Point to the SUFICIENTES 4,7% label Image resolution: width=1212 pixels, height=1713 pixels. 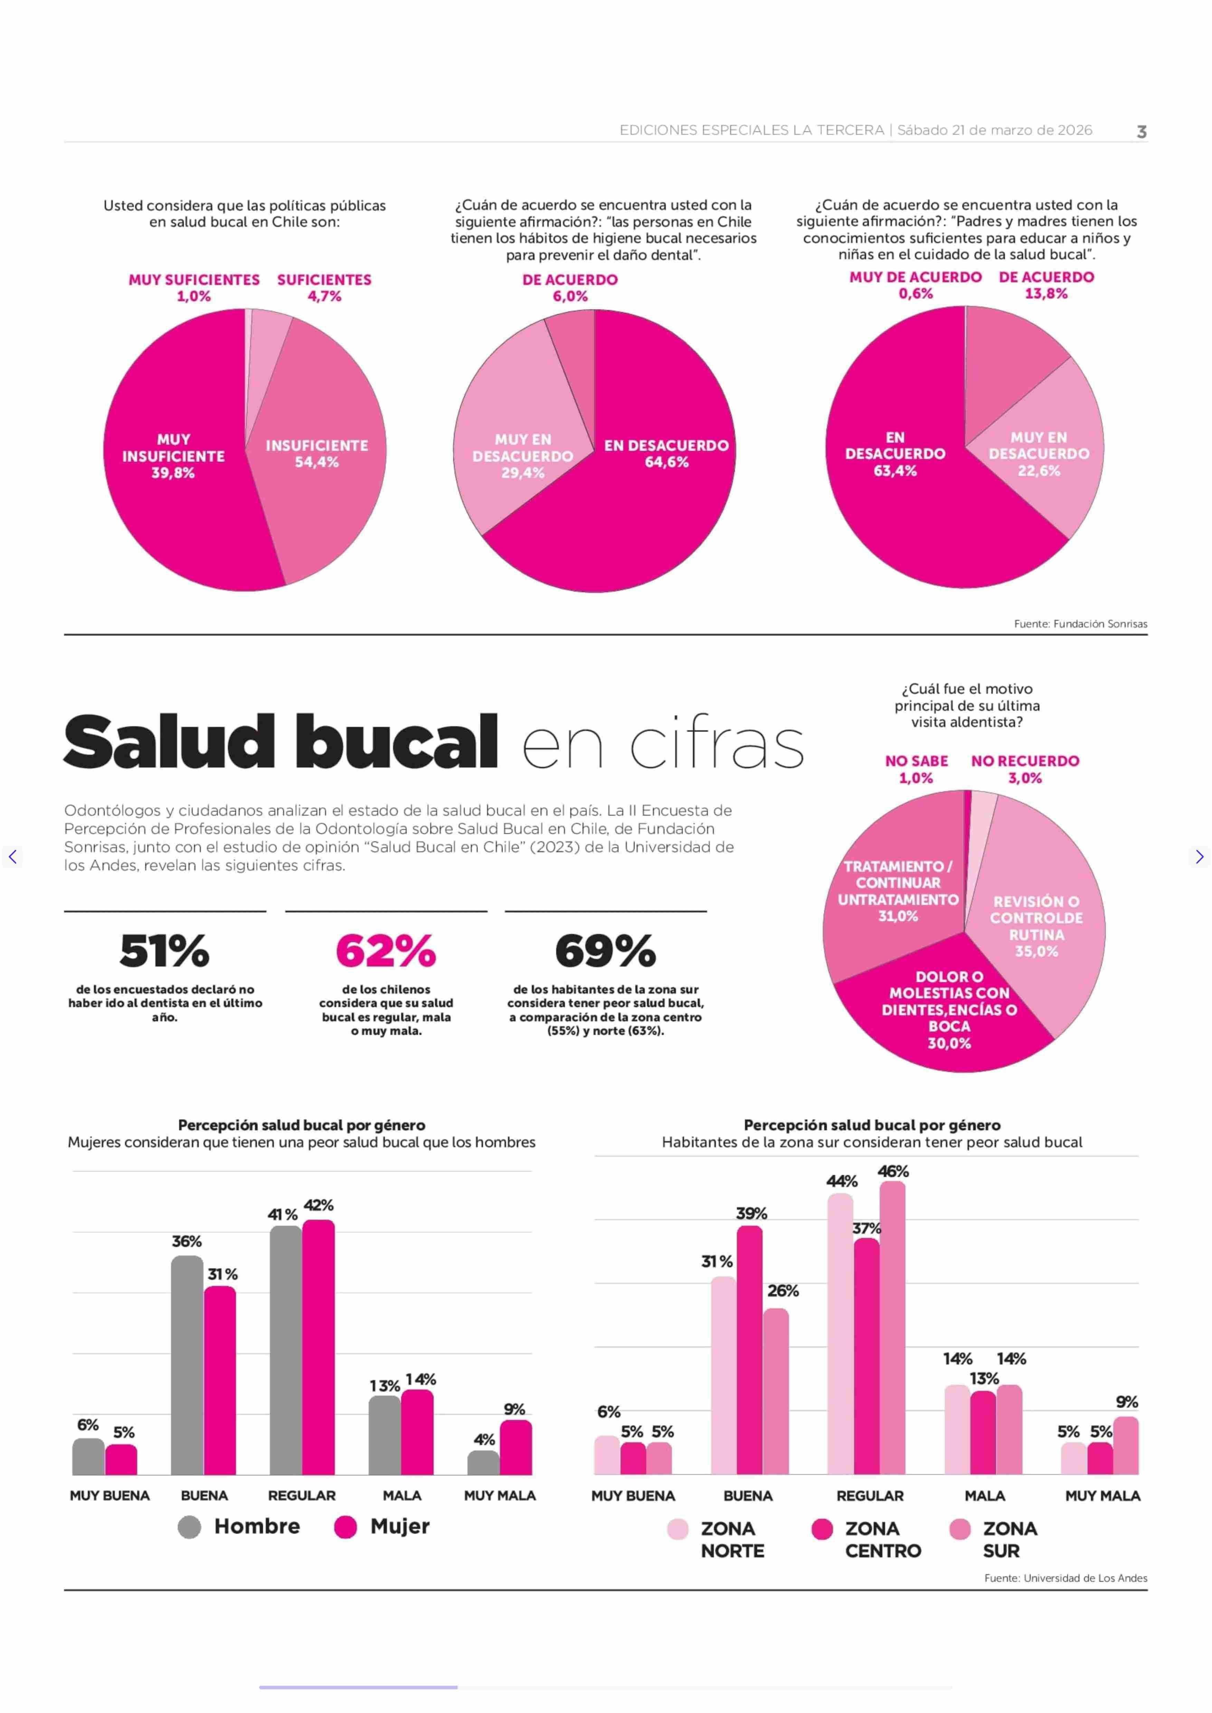tap(324, 287)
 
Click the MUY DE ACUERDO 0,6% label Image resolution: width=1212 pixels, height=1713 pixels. tap(915, 285)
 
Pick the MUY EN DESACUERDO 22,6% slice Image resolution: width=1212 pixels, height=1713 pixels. tap(1045, 478)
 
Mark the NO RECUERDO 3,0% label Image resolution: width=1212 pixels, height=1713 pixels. tap(1025, 769)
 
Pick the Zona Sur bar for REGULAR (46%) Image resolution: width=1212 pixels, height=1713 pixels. tap(892, 1328)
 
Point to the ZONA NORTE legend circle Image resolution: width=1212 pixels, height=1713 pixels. tap(677, 1530)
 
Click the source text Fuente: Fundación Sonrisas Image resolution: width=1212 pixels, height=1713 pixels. tap(1080, 624)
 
